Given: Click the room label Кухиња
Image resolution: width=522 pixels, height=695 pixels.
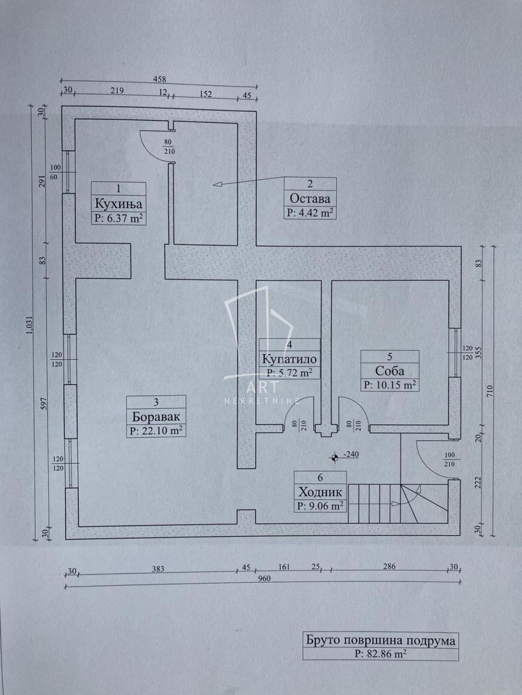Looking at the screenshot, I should (119, 203).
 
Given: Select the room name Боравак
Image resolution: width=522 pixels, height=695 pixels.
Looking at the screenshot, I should (157, 417).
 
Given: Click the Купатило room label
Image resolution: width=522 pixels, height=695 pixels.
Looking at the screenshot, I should (289, 359).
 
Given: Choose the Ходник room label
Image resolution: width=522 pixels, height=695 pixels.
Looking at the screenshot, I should (320, 492).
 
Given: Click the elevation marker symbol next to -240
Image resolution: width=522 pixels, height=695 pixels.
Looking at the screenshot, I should (334, 457).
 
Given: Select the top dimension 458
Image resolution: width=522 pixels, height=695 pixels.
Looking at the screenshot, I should (159, 79).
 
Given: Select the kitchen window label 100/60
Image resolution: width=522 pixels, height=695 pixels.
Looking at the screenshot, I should (55, 172).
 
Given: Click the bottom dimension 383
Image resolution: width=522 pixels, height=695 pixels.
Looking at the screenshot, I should (158, 568).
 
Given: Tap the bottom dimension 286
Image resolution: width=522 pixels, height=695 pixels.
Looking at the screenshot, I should (389, 566).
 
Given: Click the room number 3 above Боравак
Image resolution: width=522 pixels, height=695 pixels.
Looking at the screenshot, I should (156, 403).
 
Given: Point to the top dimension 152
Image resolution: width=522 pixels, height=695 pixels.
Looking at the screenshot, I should (206, 94).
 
